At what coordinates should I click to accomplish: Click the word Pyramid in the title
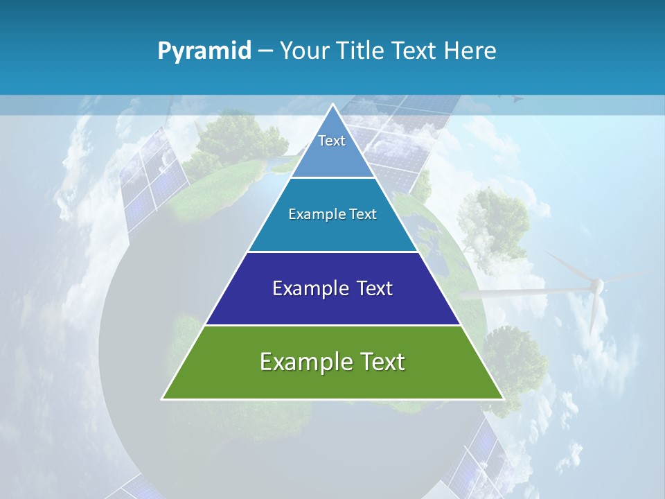click(x=204, y=51)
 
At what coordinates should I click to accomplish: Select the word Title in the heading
click(x=364, y=51)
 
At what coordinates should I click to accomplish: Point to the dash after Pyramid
click(x=265, y=51)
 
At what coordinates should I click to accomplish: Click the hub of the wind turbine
click(x=596, y=283)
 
